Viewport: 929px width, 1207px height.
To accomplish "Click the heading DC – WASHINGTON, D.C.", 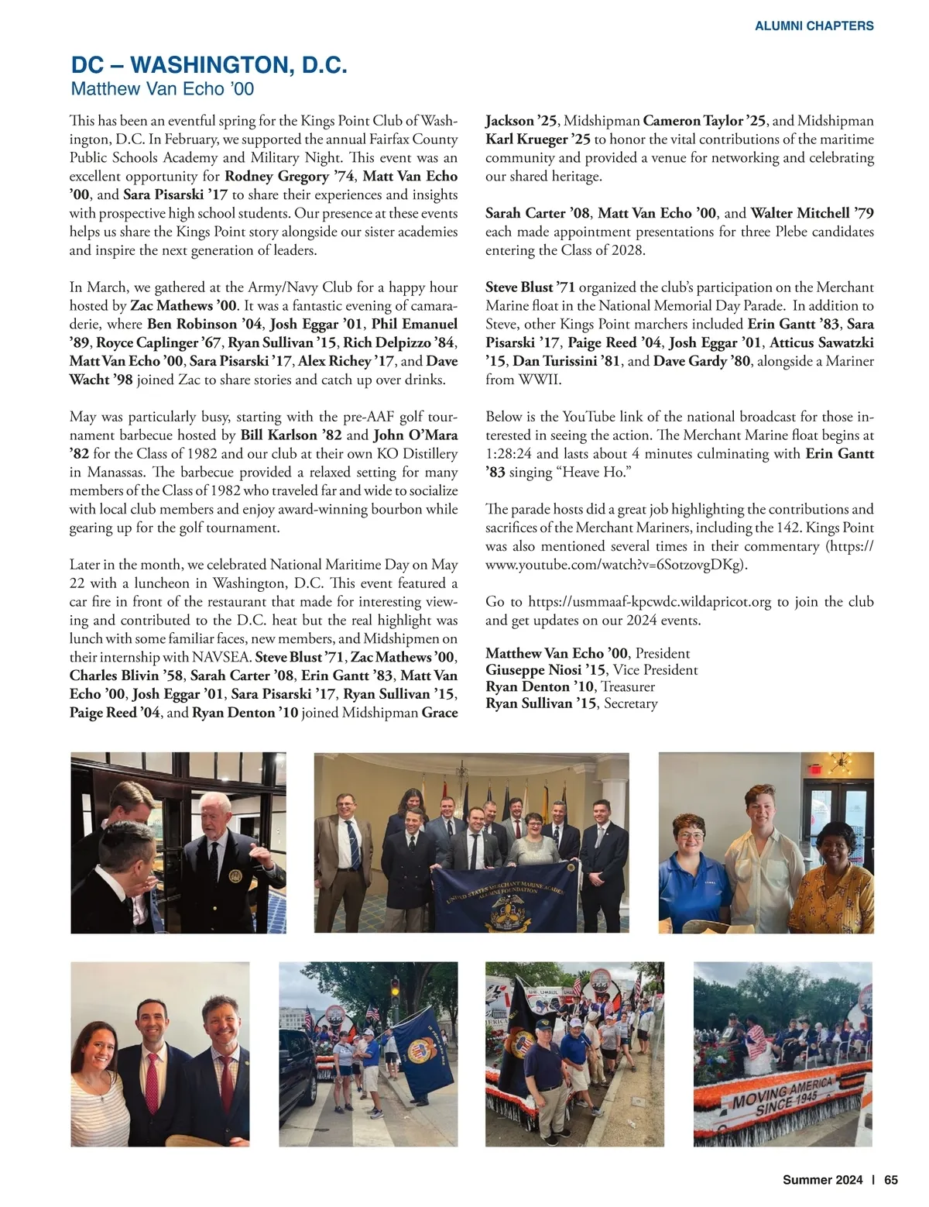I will (209, 65).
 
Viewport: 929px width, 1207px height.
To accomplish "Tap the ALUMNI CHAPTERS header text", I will (814, 26).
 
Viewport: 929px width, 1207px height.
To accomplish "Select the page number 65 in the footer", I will (891, 1180).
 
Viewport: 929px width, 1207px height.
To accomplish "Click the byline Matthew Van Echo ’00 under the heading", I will (162, 89).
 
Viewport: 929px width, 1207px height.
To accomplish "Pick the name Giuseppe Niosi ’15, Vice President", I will (591, 670).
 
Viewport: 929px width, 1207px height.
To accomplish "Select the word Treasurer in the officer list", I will (628, 687).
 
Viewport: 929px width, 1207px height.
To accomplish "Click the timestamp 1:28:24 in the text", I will (509, 454).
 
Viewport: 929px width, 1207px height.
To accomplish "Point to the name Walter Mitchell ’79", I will (812, 213).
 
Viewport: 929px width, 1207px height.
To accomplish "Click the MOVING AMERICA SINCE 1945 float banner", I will (783, 1093).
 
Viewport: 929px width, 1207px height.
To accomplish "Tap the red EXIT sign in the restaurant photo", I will (812, 772).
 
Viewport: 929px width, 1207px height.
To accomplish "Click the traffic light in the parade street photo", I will (396, 989).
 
